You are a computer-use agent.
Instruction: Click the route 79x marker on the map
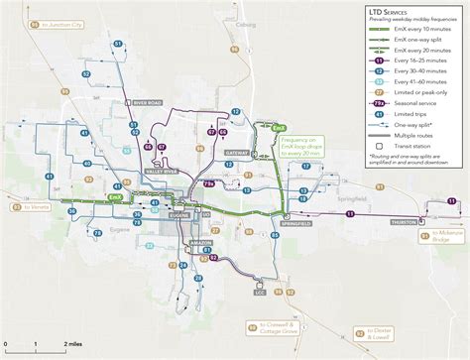point(208,184)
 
